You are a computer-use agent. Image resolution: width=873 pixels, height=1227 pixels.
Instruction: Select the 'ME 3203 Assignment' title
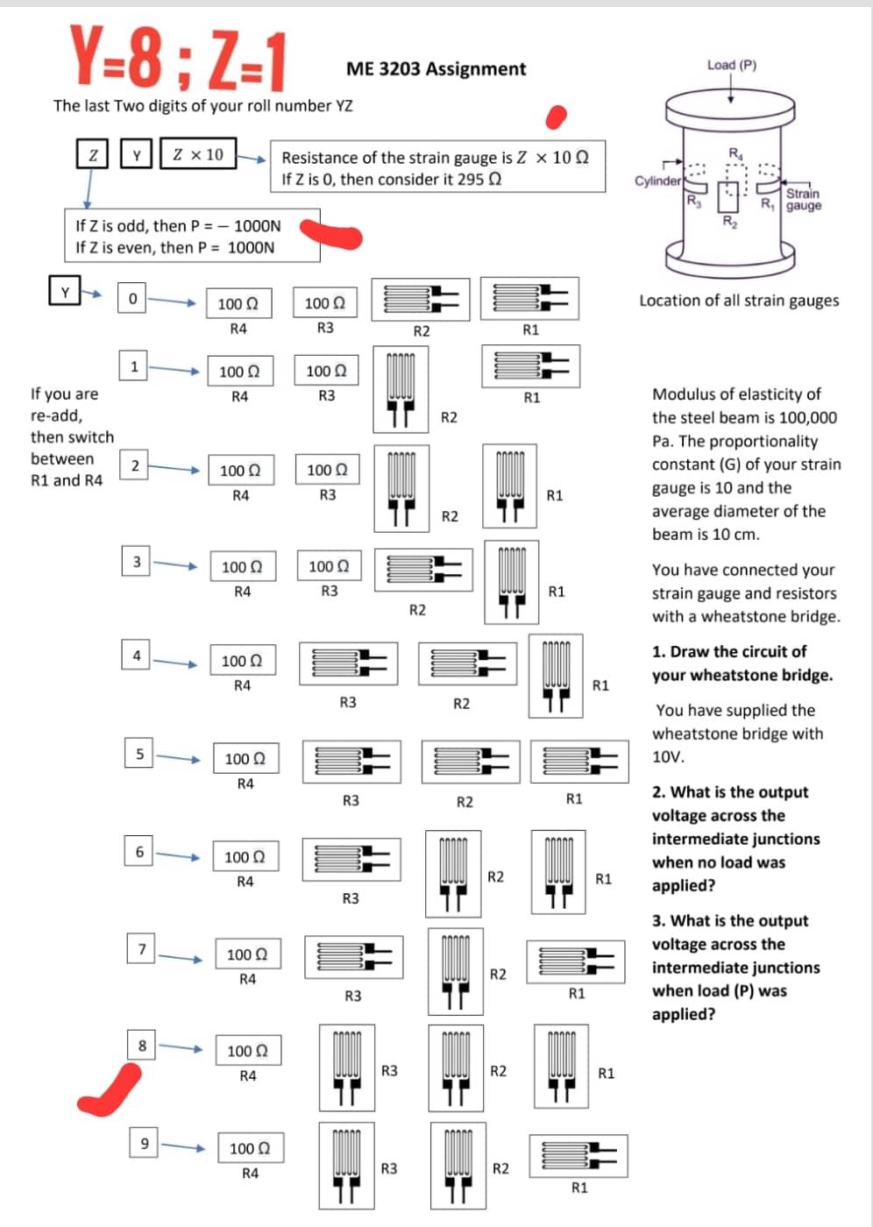[436, 69]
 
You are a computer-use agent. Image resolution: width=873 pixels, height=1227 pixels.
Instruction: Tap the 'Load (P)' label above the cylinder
[731, 65]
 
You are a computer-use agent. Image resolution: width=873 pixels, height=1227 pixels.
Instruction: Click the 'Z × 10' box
[198, 155]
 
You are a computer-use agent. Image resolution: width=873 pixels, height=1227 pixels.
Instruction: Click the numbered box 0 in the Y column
[131, 299]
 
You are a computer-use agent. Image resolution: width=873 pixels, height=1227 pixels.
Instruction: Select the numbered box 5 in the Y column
[138, 754]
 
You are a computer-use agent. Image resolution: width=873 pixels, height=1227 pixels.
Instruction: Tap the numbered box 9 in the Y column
[145, 1143]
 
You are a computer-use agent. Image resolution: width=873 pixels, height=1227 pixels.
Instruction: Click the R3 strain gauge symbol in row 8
[347, 1067]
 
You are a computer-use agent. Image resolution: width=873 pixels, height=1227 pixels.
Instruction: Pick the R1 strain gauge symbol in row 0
[529, 299]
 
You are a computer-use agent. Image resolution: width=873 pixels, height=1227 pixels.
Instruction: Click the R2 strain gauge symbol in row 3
[423, 569]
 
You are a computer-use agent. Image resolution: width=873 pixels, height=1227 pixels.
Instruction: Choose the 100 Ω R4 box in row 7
[248, 954]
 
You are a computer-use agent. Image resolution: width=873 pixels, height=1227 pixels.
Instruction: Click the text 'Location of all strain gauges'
[738, 301]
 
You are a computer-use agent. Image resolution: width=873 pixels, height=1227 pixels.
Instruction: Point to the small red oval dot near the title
[556, 117]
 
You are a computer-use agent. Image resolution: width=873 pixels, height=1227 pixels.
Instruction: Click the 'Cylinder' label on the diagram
[657, 181]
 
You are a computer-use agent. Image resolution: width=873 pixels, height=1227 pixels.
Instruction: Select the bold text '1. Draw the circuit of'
[728, 652]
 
